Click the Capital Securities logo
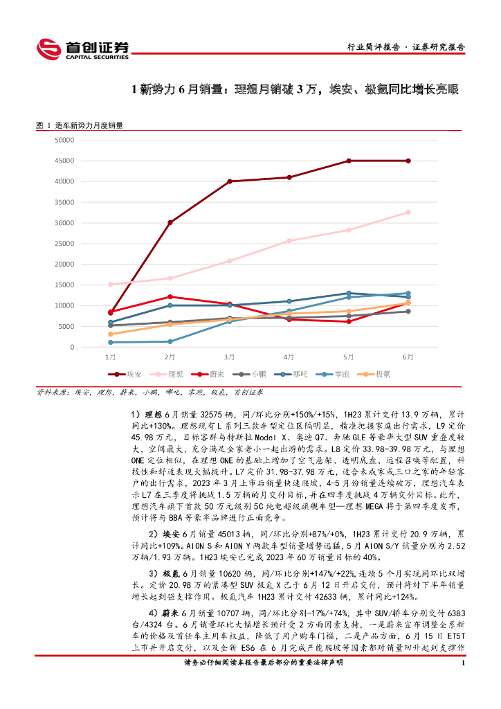coord(82,48)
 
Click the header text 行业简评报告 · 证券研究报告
coord(405,48)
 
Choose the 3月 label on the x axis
coord(229,357)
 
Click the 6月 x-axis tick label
coord(408,357)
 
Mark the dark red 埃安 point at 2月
coord(170,222)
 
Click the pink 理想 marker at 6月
coord(408,212)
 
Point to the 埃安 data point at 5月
coord(349,161)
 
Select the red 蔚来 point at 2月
coord(170,297)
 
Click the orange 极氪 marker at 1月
coord(111,334)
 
